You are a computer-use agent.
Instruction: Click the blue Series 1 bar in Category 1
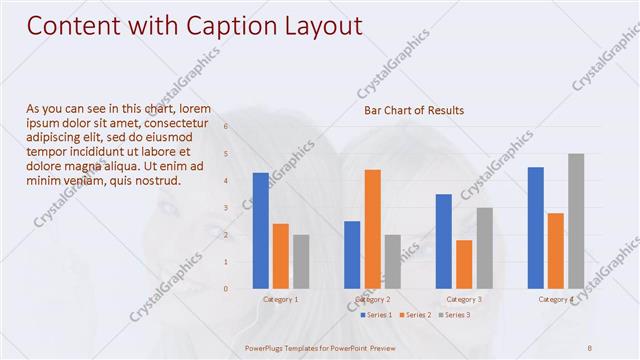click(x=260, y=231)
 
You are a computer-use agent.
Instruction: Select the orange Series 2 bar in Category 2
click(x=372, y=229)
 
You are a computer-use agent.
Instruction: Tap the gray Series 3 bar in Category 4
click(x=576, y=221)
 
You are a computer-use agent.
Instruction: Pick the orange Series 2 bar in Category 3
click(x=464, y=264)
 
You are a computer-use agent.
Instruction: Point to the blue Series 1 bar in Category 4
click(x=536, y=228)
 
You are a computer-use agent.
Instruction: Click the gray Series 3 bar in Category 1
click(x=301, y=262)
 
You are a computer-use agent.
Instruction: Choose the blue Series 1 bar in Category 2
click(x=352, y=255)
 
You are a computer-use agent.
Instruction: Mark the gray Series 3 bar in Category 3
click(x=484, y=248)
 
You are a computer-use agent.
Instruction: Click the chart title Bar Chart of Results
click(x=413, y=110)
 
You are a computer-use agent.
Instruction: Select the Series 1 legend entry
click(x=376, y=315)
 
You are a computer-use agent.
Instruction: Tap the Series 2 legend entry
click(x=415, y=315)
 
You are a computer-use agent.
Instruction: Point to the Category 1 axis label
click(x=280, y=299)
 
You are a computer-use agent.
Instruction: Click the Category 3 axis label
click(x=464, y=299)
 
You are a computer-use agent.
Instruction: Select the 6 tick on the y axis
click(x=226, y=127)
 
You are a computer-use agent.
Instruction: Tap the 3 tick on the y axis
click(x=226, y=208)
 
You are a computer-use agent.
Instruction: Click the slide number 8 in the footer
click(x=590, y=346)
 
